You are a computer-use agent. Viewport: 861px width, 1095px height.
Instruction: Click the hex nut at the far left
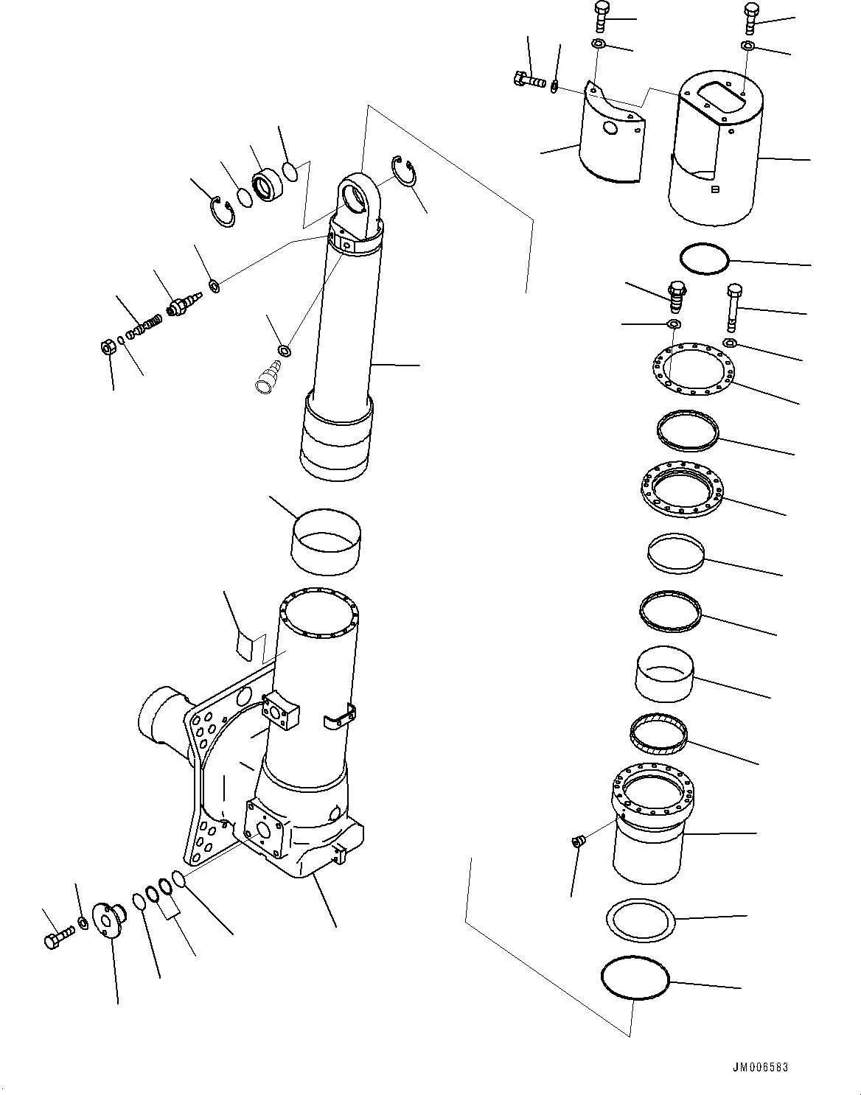(x=106, y=346)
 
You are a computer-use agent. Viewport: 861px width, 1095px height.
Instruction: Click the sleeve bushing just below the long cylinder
(x=327, y=542)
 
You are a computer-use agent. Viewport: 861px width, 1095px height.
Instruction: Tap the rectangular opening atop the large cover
(x=711, y=96)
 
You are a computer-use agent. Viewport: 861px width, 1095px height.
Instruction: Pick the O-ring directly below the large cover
(x=704, y=259)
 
